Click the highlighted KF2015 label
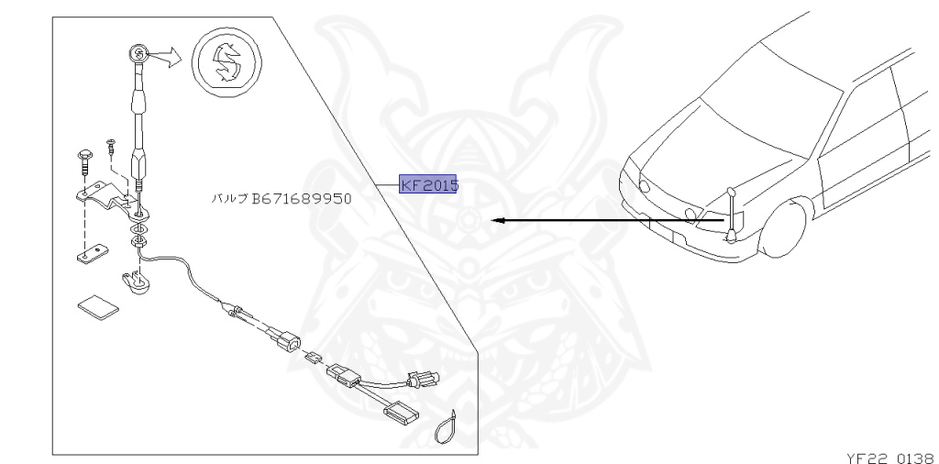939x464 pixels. (429, 184)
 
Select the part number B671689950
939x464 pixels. (302, 198)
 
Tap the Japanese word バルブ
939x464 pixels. (229, 198)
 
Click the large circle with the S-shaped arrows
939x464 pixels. (227, 61)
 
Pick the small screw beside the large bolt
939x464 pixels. (110, 147)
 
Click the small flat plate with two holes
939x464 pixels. (93, 254)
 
